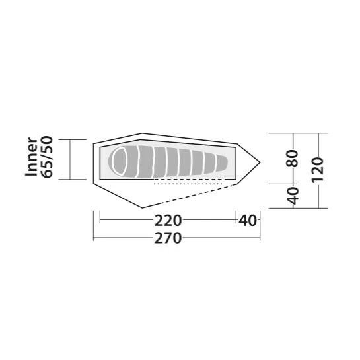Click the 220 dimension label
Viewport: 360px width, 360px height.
pyautogui.click(x=168, y=221)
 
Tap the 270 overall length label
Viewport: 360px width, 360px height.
pyautogui.click(x=168, y=238)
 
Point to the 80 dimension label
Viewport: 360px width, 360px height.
pyautogui.click(x=292, y=158)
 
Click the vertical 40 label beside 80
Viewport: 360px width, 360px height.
pyautogui.click(x=293, y=196)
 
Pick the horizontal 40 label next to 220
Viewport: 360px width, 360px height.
pyautogui.click(x=247, y=221)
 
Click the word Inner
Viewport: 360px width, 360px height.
pyautogui.click(x=31, y=157)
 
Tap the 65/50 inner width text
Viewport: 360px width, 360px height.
pyautogui.click(x=47, y=157)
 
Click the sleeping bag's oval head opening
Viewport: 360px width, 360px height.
pyautogui.click(x=120, y=162)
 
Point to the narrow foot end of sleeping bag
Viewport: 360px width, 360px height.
pyautogui.click(x=222, y=163)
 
